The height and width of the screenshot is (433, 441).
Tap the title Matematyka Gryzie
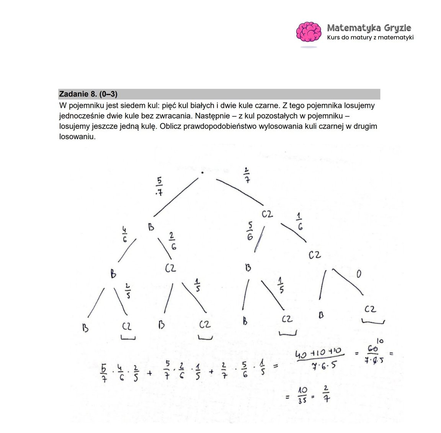369,28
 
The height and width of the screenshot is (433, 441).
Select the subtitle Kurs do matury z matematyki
370,37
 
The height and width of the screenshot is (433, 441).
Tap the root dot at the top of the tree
202,173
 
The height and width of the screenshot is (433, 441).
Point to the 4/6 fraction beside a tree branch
125,234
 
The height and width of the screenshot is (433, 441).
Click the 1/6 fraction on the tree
300,222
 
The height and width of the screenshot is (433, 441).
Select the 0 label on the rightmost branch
359,274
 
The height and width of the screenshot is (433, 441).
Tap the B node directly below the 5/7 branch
151,227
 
